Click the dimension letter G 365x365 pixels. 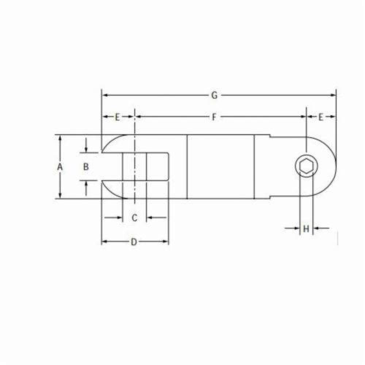coord(215,95)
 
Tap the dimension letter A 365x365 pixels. coord(60,167)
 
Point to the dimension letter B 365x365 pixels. coord(86,167)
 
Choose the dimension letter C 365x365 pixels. coord(134,218)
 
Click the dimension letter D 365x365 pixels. coord(134,242)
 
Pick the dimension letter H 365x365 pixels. coord(307,229)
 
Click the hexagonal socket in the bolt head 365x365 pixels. coord(306,167)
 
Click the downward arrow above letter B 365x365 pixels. coord(86,149)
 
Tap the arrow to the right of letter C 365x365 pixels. coord(149,218)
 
